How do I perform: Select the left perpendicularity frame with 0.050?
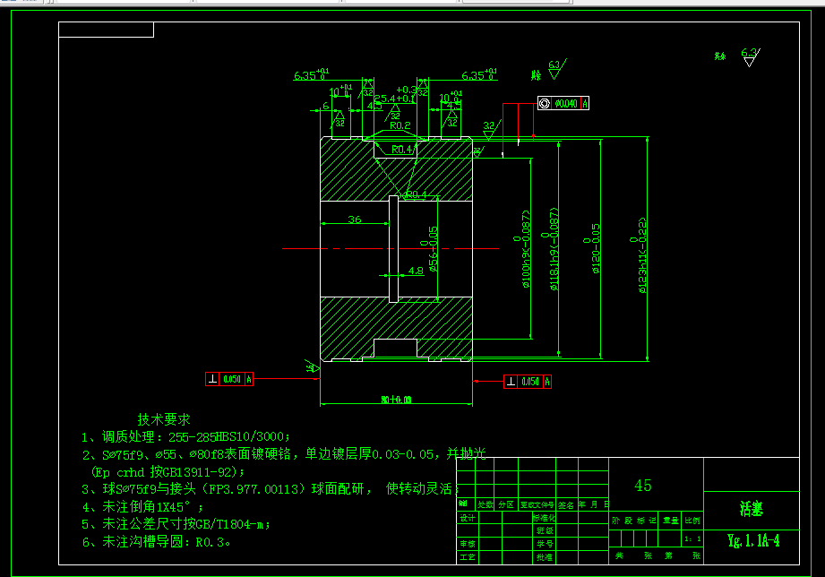pos(230,379)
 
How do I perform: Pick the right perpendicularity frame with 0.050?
pos(528,382)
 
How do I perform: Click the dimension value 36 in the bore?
pos(354,220)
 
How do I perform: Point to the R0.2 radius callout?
pos(400,126)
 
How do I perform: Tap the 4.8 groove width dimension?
pos(416,270)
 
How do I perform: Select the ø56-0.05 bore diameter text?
pos(433,247)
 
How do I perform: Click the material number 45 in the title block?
pos(643,486)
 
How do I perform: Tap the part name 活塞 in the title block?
pos(751,508)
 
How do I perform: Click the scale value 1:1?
pos(692,539)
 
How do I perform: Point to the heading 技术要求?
pos(164,419)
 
